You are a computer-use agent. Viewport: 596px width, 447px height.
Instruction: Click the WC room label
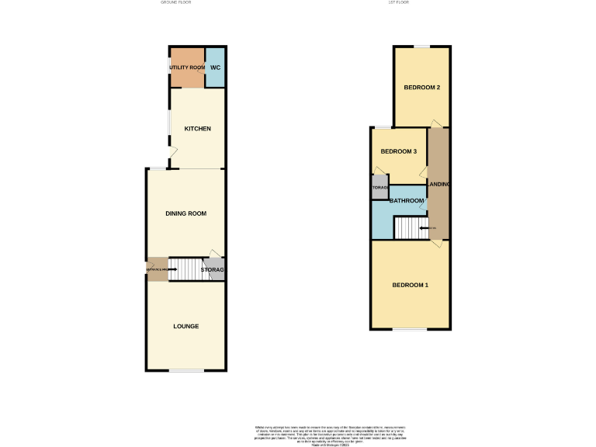(x=215, y=68)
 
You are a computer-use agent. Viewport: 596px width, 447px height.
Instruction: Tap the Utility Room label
(x=187, y=68)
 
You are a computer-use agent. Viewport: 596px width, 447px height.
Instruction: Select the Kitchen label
(x=197, y=129)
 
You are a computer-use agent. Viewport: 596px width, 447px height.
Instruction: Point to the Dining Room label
(x=186, y=213)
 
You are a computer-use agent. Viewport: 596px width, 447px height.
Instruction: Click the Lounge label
(x=186, y=326)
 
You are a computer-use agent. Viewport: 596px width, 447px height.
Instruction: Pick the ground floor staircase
(x=185, y=269)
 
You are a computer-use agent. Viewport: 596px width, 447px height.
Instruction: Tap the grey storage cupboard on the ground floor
(x=213, y=270)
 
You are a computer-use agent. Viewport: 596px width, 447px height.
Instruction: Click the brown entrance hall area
(x=157, y=269)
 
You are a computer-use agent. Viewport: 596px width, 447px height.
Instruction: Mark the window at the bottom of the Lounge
(x=186, y=370)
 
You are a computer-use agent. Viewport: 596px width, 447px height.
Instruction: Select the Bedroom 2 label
(x=422, y=88)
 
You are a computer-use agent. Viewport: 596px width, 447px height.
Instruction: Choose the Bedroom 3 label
(x=398, y=151)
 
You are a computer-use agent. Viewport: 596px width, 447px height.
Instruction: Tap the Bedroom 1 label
(x=410, y=286)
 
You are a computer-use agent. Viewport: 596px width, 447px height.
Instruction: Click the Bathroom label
(x=407, y=201)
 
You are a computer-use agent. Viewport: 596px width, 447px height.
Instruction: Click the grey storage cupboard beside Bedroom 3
(x=379, y=188)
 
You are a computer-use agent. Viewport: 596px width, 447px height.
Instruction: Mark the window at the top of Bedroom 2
(x=421, y=47)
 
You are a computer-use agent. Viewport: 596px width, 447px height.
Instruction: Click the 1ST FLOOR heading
(x=398, y=3)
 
